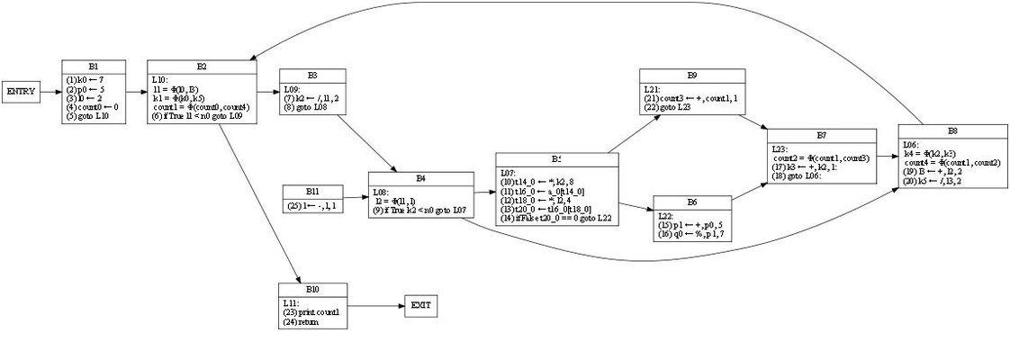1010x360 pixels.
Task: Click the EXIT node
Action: [x=420, y=306]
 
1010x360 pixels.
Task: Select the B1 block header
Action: [x=94, y=67]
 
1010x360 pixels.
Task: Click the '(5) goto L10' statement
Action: [x=88, y=117]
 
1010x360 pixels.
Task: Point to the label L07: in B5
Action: [x=510, y=172]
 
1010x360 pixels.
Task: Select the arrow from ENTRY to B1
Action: [x=51, y=92]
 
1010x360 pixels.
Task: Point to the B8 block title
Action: [x=952, y=132]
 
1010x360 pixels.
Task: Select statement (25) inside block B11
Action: [x=312, y=206]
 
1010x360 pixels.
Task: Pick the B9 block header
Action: [x=692, y=74]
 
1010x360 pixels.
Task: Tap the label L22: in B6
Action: [x=666, y=217]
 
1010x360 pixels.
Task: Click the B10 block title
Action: [x=312, y=288]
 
